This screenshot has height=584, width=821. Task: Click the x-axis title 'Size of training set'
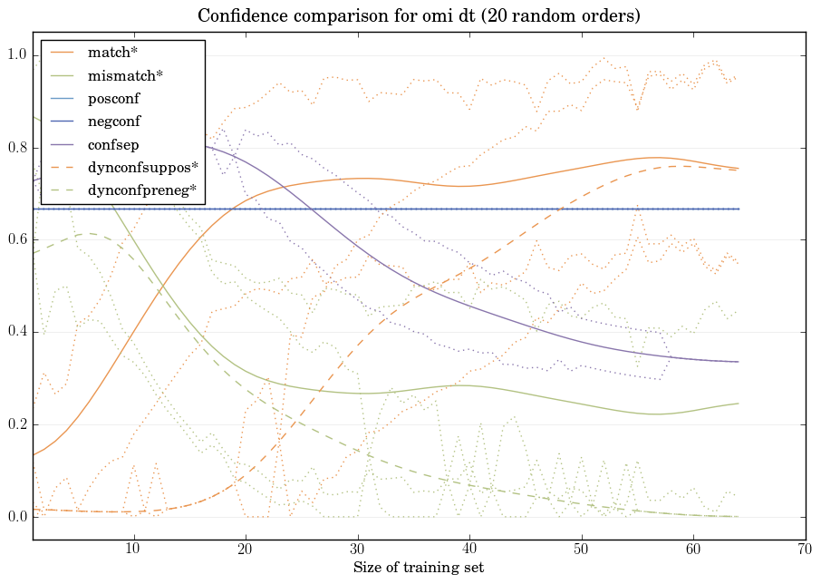click(418, 568)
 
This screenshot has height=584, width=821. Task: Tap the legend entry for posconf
click(113, 98)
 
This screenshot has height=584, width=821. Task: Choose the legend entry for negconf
click(113, 121)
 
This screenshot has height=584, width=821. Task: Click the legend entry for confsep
click(112, 144)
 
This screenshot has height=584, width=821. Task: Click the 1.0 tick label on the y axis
click(16, 56)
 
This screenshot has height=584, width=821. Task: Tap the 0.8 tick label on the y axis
click(16, 149)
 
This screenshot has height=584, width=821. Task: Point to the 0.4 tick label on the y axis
click(16, 333)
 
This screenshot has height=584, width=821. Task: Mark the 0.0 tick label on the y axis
click(16, 517)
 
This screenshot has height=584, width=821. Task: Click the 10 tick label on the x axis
click(133, 550)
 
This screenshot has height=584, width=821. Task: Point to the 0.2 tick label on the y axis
click(16, 425)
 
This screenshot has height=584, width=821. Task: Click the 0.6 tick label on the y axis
click(16, 240)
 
